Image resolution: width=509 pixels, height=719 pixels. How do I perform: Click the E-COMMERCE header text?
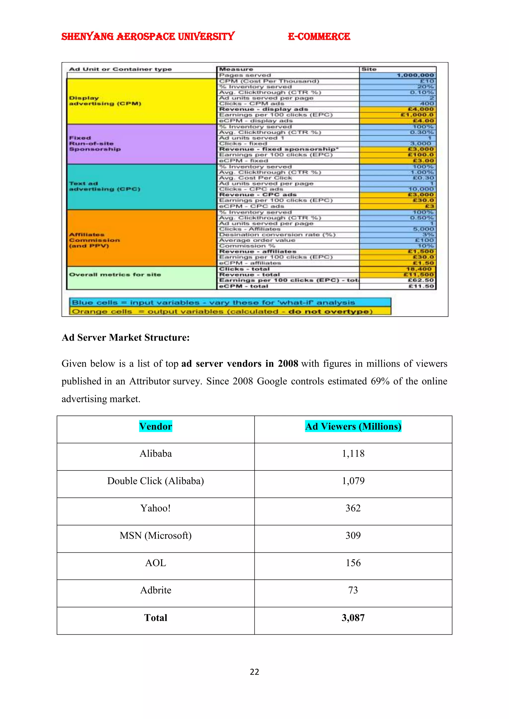point(319,37)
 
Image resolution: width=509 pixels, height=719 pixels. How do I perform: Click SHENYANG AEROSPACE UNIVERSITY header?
point(148,37)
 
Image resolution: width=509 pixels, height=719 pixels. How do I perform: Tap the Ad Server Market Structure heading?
point(126,338)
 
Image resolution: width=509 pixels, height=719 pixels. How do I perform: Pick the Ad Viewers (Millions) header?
point(353,426)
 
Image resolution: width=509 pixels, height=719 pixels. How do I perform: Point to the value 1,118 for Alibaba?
point(353,453)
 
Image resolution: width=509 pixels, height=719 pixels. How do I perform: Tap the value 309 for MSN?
point(353,535)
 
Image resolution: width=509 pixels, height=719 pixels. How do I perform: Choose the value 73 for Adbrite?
point(353,590)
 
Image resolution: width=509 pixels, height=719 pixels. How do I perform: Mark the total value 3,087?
point(353,617)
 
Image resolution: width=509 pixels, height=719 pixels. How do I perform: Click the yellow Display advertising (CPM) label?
point(105,101)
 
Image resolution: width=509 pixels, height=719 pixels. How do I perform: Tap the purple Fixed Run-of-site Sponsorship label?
point(95,144)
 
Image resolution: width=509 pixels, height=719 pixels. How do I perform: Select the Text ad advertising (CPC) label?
point(104,186)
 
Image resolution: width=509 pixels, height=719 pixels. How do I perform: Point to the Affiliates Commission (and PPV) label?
point(94,240)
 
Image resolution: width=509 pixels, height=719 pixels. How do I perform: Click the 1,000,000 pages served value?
point(415,75)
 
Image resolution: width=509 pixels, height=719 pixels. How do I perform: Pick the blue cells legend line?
point(213,302)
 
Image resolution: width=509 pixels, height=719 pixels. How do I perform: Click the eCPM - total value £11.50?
point(421,286)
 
